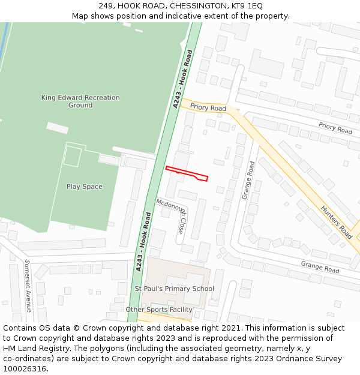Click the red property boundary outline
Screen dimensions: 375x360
coord(186,173)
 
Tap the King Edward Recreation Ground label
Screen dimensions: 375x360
coord(80,101)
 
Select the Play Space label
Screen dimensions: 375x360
coord(85,187)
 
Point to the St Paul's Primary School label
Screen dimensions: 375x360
coord(174,289)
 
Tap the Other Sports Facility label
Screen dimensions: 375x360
coord(159,310)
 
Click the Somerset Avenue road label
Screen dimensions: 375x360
coord(28,286)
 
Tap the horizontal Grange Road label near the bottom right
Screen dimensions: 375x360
coord(320,267)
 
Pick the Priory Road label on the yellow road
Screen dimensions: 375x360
coord(208,107)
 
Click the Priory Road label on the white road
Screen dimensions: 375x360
coord(335,128)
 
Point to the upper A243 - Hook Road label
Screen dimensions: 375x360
coord(183,79)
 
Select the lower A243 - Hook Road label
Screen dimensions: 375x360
coord(142,242)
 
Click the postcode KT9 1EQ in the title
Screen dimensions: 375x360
coord(247,6)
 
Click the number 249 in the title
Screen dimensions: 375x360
coord(106,6)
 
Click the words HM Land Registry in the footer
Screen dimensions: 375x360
coord(31,348)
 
